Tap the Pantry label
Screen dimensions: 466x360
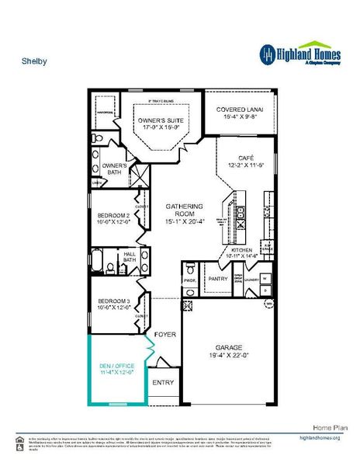click(x=216, y=277)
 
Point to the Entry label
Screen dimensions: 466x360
click(x=164, y=383)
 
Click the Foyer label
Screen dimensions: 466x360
click(x=165, y=335)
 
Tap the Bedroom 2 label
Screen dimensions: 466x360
click(x=113, y=216)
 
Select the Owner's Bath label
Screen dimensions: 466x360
click(x=115, y=168)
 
